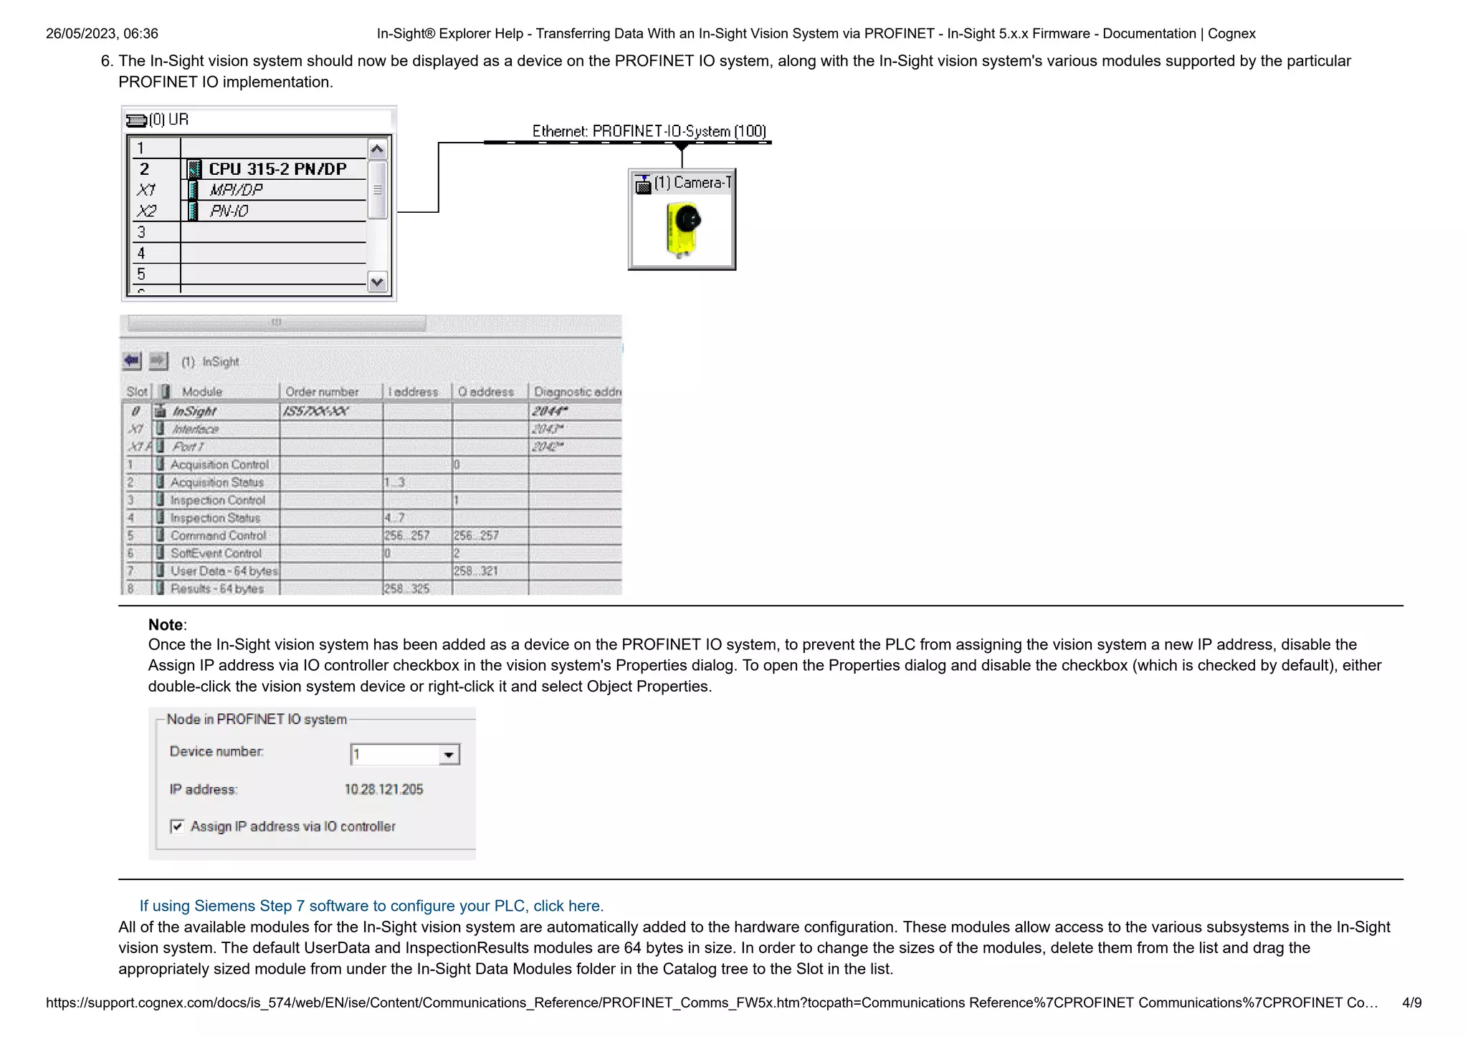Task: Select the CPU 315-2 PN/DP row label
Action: click(x=277, y=169)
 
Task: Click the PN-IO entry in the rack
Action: click(x=229, y=211)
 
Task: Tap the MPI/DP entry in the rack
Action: click(x=236, y=190)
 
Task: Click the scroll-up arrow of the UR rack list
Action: click(x=377, y=149)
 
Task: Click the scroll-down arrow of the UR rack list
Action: click(x=377, y=282)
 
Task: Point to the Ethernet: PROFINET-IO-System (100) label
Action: click(x=649, y=131)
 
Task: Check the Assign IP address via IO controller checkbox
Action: click(x=177, y=826)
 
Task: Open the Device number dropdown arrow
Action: click(x=449, y=755)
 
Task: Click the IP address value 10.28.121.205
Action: click(x=383, y=789)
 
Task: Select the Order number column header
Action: click(x=322, y=392)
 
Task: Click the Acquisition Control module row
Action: click(x=219, y=464)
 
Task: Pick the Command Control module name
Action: click(x=218, y=535)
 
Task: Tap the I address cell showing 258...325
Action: click(x=406, y=588)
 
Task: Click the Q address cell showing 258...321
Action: click(x=476, y=571)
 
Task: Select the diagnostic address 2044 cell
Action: click(x=550, y=411)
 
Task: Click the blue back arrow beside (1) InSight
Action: click(x=132, y=360)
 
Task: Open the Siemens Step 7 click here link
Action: click(x=371, y=906)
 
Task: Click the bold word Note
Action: click(x=166, y=625)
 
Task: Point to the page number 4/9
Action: click(x=1411, y=1003)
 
